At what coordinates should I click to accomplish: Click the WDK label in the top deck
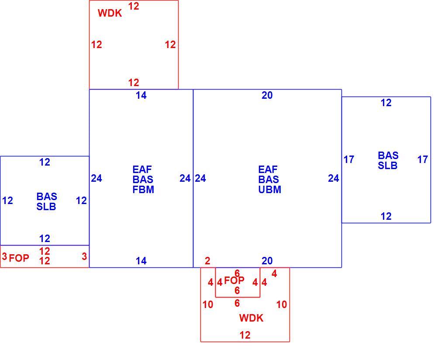tap(110, 13)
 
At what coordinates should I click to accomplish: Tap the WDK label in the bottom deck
tap(251, 318)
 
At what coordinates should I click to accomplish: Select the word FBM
tap(143, 190)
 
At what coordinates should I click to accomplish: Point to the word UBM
tap(269, 190)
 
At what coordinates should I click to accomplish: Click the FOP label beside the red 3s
tap(19, 258)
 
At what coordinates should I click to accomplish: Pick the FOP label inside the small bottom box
tap(234, 280)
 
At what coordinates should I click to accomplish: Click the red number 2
tap(207, 261)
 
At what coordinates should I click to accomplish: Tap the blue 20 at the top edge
tap(267, 95)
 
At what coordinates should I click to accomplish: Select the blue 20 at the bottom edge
tap(267, 261)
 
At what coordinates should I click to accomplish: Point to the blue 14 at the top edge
tap(141, 95)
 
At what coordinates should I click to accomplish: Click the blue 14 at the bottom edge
tap(141, 261)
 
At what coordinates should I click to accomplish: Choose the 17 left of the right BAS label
tap(349, 159)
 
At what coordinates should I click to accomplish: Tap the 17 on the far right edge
tap(422, 159)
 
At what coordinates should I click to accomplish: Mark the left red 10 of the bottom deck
tap(208, 304)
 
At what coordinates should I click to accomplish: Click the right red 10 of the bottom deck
tap(282, 304)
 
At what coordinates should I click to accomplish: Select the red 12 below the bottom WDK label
tap(245, 335)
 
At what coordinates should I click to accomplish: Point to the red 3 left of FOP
tap(4, 256)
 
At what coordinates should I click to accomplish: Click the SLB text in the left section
tap(46, 207)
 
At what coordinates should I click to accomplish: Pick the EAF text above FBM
tap(142, 170)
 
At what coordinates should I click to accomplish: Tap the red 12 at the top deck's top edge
tap(134, 6)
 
